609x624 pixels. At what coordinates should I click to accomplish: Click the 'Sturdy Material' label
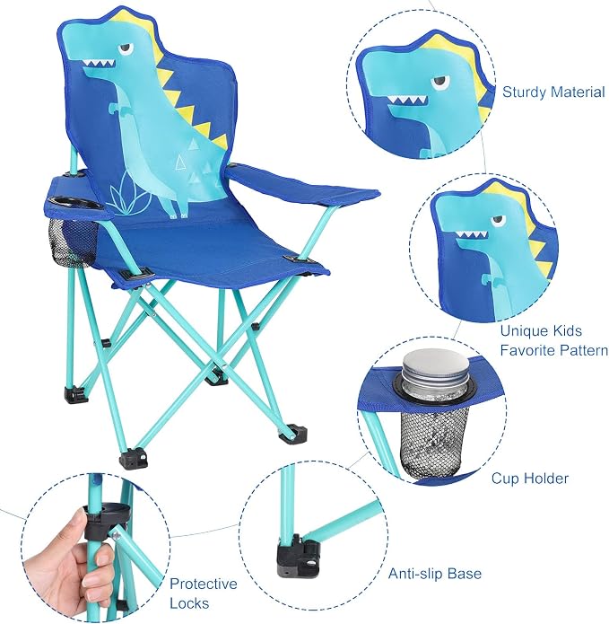click(x=553, y=92)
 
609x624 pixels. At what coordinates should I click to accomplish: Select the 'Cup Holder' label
click(x=530, y=478)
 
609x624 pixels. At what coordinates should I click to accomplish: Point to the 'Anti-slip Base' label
click(x=434, y=574)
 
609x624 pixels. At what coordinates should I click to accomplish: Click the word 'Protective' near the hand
click(x=203, y=584)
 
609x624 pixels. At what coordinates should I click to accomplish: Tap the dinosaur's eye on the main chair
click(x=126, y=48)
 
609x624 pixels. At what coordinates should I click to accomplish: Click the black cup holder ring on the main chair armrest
click(x=78, y=202)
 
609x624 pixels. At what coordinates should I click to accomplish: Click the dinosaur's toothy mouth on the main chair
click(x=99, y=64)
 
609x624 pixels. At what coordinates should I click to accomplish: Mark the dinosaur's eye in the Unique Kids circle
click(x=497, y=221)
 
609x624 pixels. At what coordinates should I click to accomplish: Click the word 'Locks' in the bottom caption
click(x=189, y=603)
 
